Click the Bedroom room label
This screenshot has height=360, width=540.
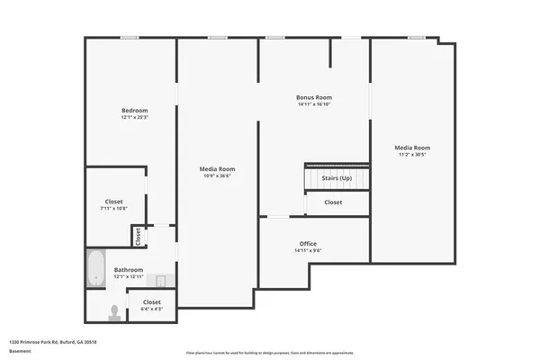[x=134, y=111]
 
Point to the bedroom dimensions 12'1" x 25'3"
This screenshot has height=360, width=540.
[x=134, y=117]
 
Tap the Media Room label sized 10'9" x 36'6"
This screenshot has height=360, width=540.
[x=218, y=168]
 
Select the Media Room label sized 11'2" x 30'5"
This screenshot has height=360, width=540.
[x=413, y=147]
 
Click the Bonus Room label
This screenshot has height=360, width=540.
[x=314, y=97]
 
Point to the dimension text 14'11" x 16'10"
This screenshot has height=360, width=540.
[x=314, y=103]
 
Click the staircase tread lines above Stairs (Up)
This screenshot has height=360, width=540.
[x=337, y=167]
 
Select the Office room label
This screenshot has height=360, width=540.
[x=308, y=244]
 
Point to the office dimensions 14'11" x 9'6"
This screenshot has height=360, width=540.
[x=308, y=250]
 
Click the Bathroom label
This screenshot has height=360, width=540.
[x=129, y=270]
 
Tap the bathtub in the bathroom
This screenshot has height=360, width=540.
[x=96, y=268]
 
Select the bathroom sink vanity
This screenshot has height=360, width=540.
[x=158, y=279]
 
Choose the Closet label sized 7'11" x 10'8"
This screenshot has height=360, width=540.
[x=113, y=202]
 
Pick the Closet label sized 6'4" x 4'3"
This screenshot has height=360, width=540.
[x=152, y=301]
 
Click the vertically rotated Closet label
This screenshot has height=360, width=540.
[x=139, y=236]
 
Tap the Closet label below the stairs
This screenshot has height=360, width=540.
[x=333, y=202]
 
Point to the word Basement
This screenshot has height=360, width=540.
[x=20, y=351]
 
